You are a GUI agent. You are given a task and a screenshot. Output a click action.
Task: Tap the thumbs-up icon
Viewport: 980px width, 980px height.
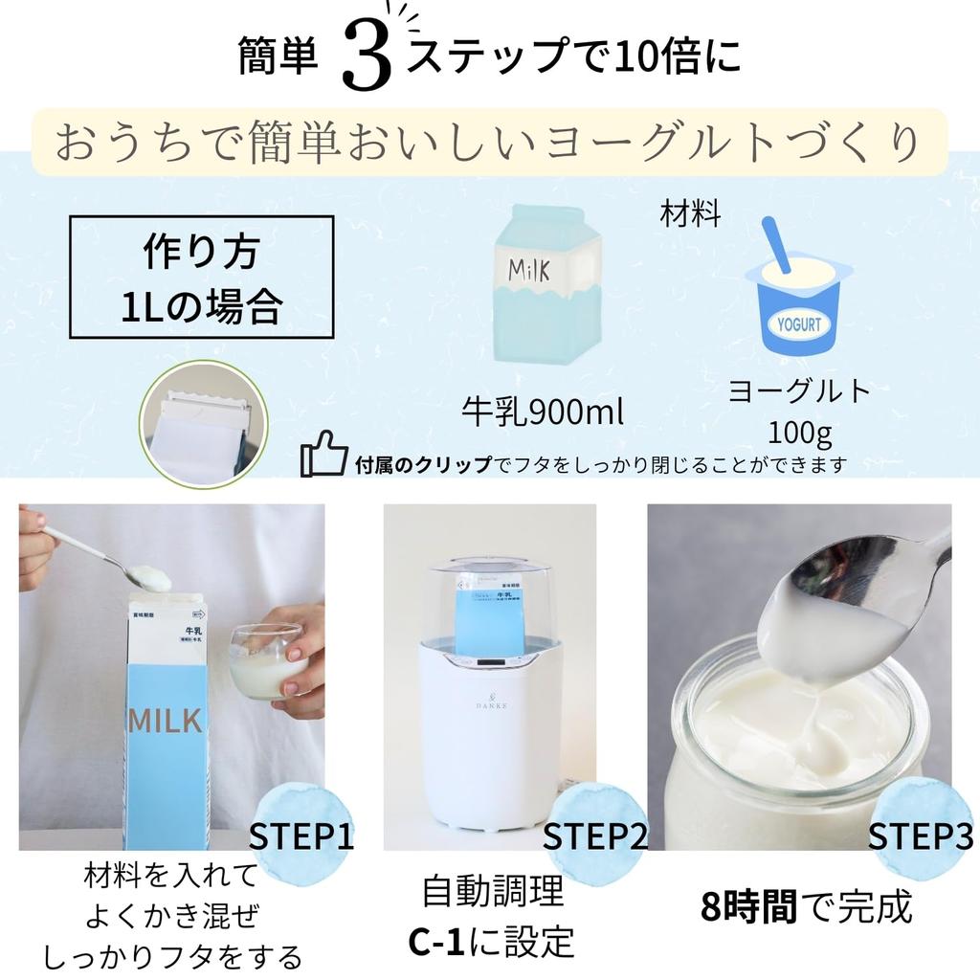323,455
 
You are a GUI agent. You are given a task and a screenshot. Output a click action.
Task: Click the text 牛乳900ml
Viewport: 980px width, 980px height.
542,412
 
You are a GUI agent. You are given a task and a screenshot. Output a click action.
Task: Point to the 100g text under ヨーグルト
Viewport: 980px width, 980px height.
799,433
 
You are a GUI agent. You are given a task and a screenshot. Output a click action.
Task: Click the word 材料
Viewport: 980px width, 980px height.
690,213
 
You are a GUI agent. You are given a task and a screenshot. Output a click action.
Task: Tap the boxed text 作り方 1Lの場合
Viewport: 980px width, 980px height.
202,278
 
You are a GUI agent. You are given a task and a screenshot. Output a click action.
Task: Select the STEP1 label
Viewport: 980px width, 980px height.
301,835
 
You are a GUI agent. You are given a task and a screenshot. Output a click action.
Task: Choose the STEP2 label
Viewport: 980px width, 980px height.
595,835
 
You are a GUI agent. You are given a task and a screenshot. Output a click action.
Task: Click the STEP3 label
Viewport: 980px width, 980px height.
920,835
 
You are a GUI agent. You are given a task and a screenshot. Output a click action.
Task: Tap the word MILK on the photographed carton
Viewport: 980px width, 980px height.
166,719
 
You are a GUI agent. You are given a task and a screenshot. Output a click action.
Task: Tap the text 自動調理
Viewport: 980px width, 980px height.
493,892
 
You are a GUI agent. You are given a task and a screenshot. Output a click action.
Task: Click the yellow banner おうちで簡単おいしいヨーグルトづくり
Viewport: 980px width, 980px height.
489,143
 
